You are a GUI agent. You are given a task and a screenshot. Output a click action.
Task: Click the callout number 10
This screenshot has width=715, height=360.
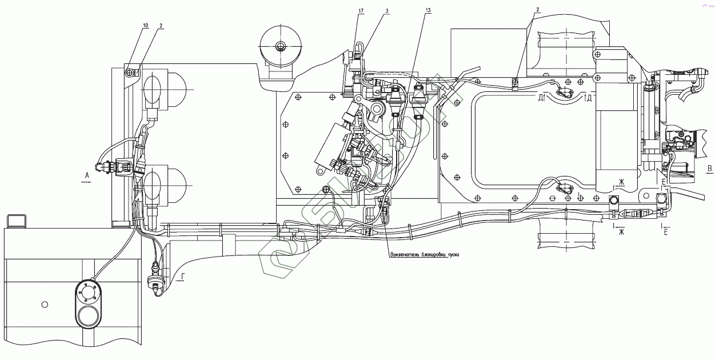pos(145,26)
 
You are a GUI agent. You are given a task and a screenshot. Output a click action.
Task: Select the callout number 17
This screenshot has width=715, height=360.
pos(361,10)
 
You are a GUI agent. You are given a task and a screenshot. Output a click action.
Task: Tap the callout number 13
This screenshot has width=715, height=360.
pos(428,10)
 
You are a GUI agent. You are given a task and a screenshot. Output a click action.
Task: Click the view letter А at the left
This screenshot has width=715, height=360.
pos(86,175)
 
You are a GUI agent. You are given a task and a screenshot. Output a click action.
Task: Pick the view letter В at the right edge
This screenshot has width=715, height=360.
pos(709,169)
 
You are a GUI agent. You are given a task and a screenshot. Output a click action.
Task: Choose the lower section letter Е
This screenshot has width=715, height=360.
pos(664,232)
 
